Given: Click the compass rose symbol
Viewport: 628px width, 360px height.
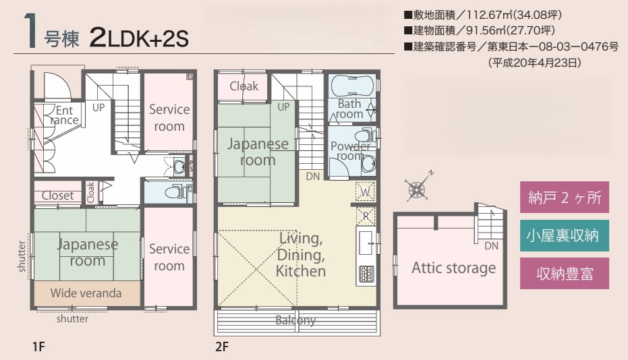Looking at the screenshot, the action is (418, 188).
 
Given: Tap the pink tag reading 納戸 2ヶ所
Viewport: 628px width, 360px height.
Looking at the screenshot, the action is (565, 197).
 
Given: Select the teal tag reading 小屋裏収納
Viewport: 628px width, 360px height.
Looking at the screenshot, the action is (565, 235).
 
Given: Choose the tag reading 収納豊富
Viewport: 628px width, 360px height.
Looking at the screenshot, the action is (565, 274).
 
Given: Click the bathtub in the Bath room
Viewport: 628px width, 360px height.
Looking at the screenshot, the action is (351, 85).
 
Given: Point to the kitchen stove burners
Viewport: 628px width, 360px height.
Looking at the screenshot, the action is (366, 274).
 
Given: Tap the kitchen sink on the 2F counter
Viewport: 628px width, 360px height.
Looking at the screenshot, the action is (366, 243).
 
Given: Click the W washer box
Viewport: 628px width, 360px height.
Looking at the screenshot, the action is (366, 192).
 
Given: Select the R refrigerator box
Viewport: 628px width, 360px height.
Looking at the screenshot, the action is (366, 216).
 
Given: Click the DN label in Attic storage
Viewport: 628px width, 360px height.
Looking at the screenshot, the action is (492, 246).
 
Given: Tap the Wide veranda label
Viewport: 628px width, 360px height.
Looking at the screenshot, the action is (86, 293).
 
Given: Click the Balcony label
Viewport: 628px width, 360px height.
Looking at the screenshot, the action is (295, 320).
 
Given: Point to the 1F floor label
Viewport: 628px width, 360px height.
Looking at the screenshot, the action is (38, 347).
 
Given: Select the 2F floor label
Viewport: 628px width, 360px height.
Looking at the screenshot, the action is (222, 347).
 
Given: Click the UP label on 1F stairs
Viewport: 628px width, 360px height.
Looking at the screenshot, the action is (98, 107).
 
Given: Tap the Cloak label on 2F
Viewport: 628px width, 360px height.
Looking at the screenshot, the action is (244, 86).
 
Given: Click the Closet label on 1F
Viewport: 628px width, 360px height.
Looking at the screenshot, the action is (58, 196).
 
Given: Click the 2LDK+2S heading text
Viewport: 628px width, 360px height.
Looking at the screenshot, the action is (138, 38).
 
